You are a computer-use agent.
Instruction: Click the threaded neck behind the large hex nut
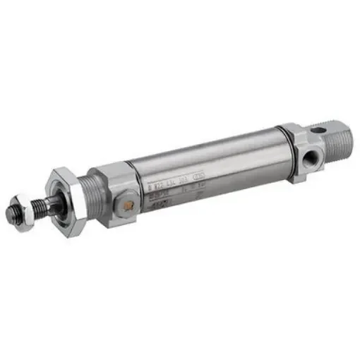90,189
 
